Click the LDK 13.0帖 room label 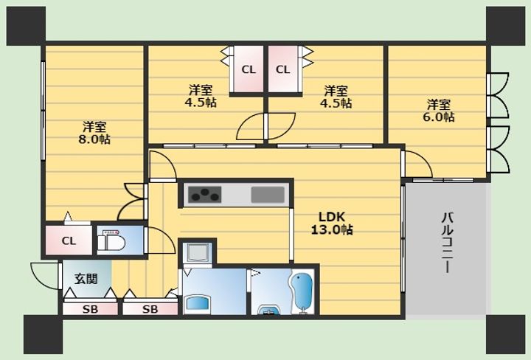332,223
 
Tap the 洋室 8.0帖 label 94,133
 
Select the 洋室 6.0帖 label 439,111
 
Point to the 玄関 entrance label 86,279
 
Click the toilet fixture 111,240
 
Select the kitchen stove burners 204,195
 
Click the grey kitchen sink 268,195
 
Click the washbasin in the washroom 198,302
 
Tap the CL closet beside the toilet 69,240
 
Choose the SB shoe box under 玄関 91,309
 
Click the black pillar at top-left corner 26,26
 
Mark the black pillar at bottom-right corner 505,334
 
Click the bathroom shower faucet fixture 270,309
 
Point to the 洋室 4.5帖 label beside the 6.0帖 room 336,97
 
